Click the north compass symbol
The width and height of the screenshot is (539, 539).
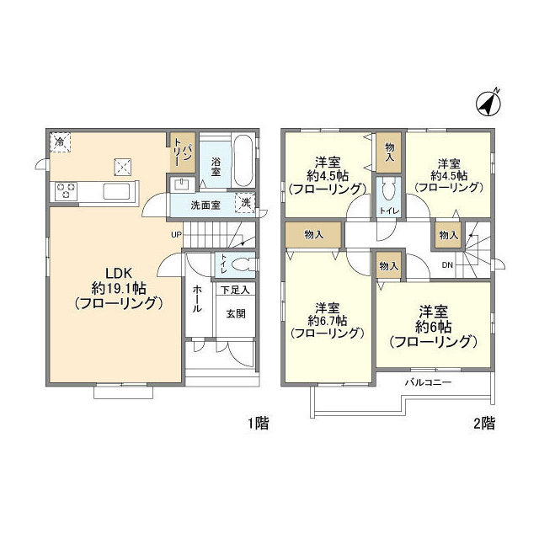click(488, 103)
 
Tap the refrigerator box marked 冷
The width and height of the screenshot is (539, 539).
click(60, 141)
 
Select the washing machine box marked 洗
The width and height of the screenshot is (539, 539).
click(245, 203)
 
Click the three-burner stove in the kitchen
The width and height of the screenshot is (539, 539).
click(66, 191)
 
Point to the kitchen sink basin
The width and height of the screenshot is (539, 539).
click(116, 191)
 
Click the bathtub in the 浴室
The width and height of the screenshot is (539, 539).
click(243, 161)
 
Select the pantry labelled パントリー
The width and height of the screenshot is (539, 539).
click(183, 152)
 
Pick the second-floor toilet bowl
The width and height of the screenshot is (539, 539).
click(388, 189)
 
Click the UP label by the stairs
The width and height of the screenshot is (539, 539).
click(176, 235)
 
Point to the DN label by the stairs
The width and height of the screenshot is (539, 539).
click(447, 265)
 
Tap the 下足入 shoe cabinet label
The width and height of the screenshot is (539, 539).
click(235, 290)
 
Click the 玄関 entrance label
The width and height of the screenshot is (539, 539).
click(236, 313)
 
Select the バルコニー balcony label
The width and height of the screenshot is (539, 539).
click(428, 382)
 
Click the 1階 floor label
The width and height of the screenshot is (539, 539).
click(259, 423)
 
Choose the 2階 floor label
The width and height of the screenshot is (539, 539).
click(484, 423)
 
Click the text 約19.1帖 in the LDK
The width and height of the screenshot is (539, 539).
click(119, 288)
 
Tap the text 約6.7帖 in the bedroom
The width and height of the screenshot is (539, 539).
click(328, 320)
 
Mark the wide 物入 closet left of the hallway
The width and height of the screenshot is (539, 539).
click(313, 235)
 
